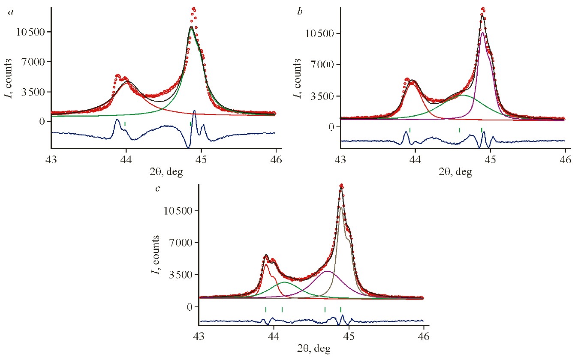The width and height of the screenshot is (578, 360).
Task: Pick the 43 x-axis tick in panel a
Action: click(51, 157)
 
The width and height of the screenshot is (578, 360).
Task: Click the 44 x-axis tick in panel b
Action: click(415, 158)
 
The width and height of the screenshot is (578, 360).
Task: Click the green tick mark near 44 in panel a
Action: click(125, 124)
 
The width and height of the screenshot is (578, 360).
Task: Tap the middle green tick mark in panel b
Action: click(459, 130)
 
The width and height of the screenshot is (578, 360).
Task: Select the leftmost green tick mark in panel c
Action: click(266, 309)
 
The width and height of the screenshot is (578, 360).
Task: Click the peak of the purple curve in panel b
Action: click(483, 33)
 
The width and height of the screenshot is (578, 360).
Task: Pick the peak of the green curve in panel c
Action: click(285, 282)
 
